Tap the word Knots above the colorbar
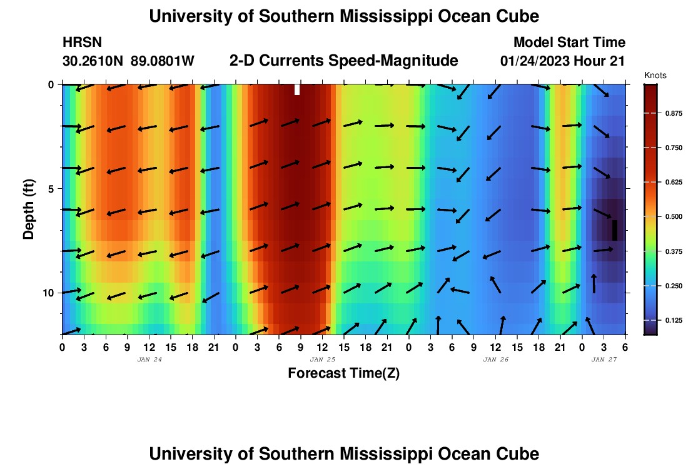tap(655, 75)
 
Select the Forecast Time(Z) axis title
tap(343, 373)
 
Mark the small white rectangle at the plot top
tap(297, 89)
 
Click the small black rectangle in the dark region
tap(615, 230)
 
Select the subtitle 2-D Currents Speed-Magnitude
tap(344, 61)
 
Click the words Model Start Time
tap(569, 43)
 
